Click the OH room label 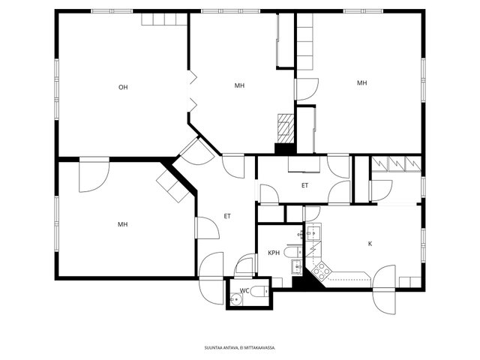(x=123, y=88)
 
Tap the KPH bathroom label (x=274, y=253)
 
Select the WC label (x=244, y=291)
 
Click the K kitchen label (x=370, y=244)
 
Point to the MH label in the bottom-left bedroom (x=123, y=225)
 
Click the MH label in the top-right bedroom (x=361, y=83)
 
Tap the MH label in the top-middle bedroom (x=239, y=85)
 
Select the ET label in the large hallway (x=227, y=217)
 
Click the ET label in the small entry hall (x=305, y=185)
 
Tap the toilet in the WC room (x=259, y=291)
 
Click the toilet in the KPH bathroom (x=293, y=253)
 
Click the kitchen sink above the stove (x=313, y=233)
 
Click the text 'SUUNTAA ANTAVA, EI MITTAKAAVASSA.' (x=240, y=348)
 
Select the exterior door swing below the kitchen (x=384, y=289)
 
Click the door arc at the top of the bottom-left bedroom (x=94, y=176)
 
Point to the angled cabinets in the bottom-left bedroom (x=172, y=186)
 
